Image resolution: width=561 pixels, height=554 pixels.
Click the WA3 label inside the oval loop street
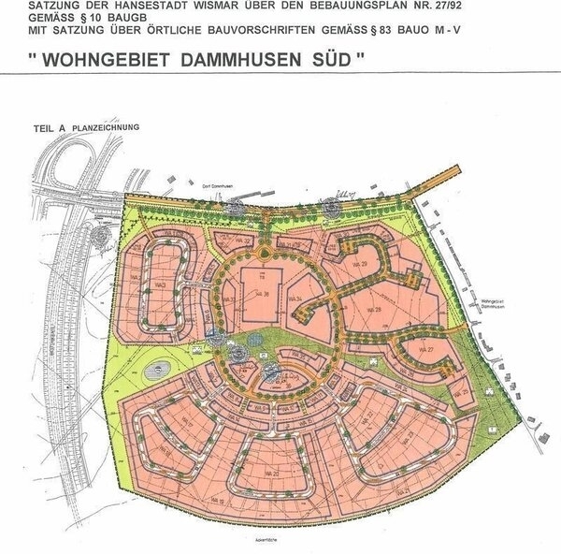click(x=162, y=281)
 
